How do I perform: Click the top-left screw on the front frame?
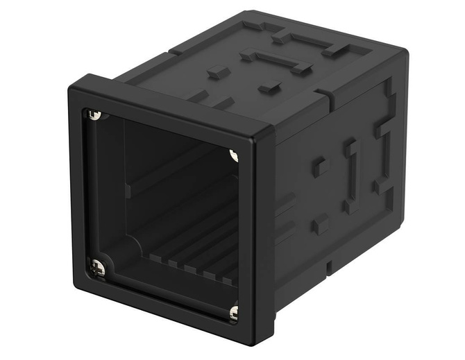pyautogui.click(x=96, y=114)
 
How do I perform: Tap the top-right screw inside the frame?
pyautogui.click(x=234, y=155)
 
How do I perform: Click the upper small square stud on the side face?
pyautogui.click(x=320, y=166)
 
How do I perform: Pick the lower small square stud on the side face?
pyautogui.click(x=320, y=223)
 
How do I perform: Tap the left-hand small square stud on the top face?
pyautogui.click(x=218, y=71)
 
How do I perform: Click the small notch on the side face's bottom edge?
pyautogui.click(x=328, y=266)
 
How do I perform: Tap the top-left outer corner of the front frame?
pyautogui.click(x=71, y=87)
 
